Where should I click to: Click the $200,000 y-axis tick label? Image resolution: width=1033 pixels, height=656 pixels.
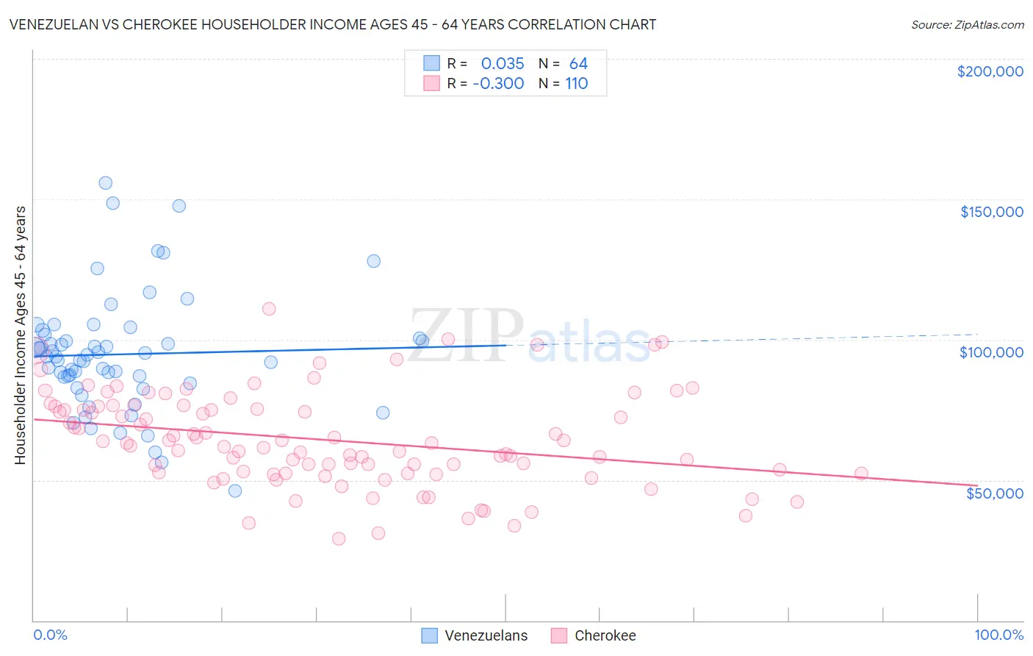[990, 71]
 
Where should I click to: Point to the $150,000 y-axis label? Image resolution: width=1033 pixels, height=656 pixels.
[991, 212]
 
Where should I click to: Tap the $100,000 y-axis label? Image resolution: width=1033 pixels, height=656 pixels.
[991, 352]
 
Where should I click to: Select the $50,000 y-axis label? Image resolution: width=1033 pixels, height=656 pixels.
[994, 493]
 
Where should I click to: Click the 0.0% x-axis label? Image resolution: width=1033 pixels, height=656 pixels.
[50, 635]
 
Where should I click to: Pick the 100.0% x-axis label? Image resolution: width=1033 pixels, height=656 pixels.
[998, 635]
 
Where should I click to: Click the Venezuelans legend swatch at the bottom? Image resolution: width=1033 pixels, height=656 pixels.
[429, 635]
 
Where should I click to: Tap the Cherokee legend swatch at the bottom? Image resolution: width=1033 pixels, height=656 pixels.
[559, 635]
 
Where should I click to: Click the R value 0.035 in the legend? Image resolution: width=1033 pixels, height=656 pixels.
[503, 64]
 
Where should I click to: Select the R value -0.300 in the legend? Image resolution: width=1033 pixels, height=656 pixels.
[498, 84]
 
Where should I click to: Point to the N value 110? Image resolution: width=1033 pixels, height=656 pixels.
[577, 84]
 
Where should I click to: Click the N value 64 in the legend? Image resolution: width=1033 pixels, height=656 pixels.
[578, 64]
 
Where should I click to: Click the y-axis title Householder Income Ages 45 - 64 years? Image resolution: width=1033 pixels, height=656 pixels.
[21, 335]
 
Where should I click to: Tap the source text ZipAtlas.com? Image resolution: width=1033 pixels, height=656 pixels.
[967, 25]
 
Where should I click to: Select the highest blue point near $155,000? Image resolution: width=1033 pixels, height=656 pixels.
[105, 183]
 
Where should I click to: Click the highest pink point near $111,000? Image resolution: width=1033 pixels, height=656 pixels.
[269, 309]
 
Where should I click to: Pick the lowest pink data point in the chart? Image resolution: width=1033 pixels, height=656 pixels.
[339, 539]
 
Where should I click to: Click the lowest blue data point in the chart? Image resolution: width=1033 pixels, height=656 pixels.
[235, 491]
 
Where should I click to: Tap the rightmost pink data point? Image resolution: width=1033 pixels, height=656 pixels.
[861, 474]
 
